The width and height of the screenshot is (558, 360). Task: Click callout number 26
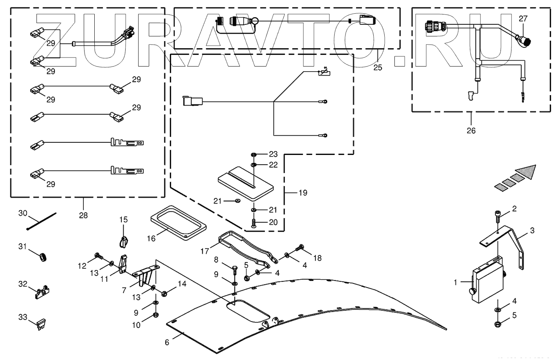(471, 131)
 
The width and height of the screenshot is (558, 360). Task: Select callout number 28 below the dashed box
(83, 215)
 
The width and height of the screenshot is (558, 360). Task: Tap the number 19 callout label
(302, 193)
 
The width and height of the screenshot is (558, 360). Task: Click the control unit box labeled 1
(487, 281)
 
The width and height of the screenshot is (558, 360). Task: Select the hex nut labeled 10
(155, 314)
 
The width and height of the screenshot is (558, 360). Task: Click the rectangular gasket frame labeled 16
(178, 222)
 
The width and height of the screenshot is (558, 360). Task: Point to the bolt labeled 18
(300, 248)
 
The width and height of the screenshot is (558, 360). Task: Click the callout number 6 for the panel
(167, 342)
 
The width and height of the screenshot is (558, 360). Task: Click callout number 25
(377, 67)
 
